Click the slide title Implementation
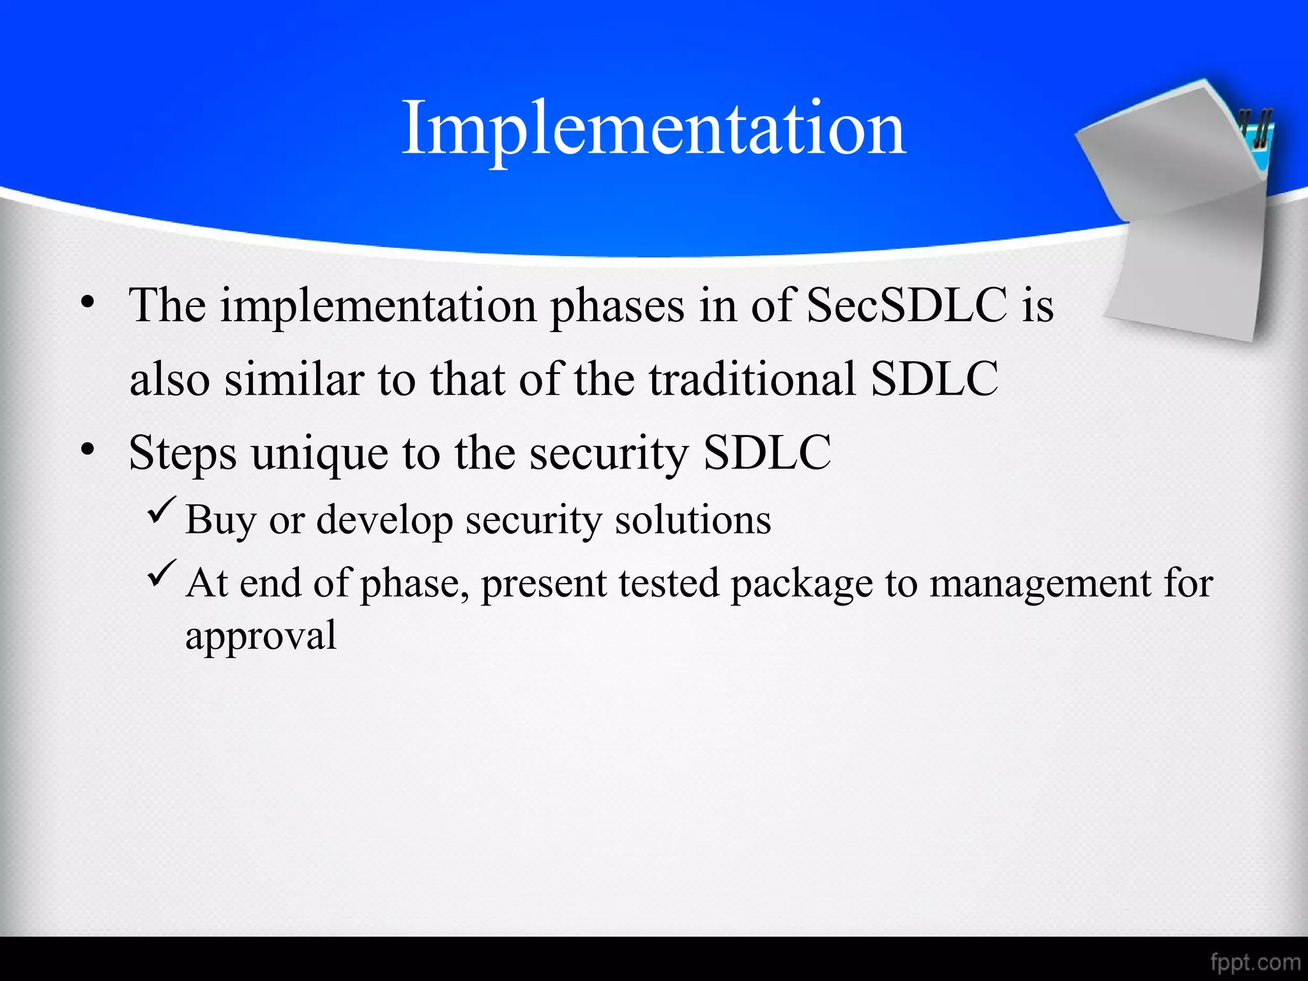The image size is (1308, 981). point(653,130)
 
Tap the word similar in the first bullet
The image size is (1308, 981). point(294,379)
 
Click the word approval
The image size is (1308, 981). point(261,636)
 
